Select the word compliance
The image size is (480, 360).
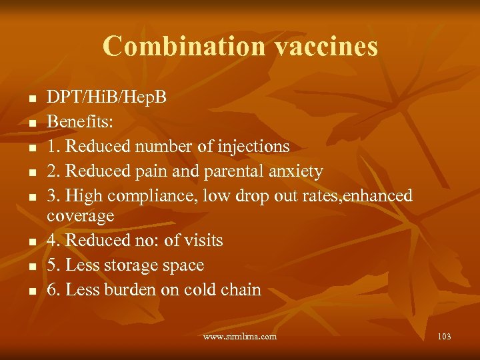[x=145, y=196]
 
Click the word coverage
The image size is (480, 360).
[x=81, y=216]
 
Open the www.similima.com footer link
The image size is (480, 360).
[x=240, y=337]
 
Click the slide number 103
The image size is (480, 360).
[x=444, y=337]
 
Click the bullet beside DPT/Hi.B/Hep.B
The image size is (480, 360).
[x=31, y=99]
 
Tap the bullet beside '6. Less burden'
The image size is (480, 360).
[x=31, y=291]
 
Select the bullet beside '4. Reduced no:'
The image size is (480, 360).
[x=31, y=241]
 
